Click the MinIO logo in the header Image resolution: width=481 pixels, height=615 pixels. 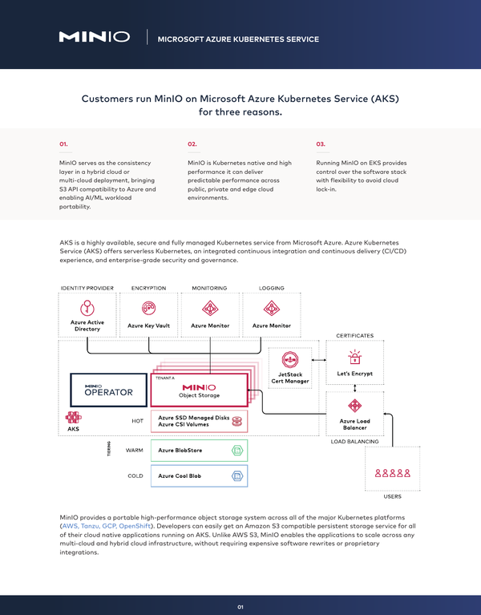(95, 37)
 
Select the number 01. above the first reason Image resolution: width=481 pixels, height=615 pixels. (63, 144)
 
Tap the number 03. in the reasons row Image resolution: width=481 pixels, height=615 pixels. (321, 144)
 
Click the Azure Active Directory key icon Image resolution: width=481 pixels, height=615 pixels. (87, 308)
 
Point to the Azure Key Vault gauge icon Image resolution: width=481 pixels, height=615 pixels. (148, 308)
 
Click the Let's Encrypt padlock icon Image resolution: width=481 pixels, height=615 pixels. (355, 357)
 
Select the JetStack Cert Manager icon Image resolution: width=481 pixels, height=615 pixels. (290, 360)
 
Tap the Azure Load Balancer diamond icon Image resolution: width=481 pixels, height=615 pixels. (355, 406)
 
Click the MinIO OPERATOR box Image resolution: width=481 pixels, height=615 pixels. (108, 390)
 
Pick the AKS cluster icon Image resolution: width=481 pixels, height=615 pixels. (73, 417)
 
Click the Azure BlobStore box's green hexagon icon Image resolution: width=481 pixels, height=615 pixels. (237, 451)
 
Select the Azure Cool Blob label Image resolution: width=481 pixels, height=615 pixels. (180, 475)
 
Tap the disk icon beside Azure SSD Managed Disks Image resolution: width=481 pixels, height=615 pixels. (237, 421)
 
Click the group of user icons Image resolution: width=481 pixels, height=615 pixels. (392, 473)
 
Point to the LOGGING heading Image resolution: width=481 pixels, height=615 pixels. (271, 288)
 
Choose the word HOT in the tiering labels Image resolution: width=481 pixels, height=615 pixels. (138, 421)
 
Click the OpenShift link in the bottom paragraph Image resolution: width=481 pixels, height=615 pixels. (135, 526)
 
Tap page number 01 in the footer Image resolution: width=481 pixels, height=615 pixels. (240, 607)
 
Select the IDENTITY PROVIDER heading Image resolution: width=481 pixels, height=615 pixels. (87, 288)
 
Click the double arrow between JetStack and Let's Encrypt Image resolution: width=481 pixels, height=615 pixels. (319, 360)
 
